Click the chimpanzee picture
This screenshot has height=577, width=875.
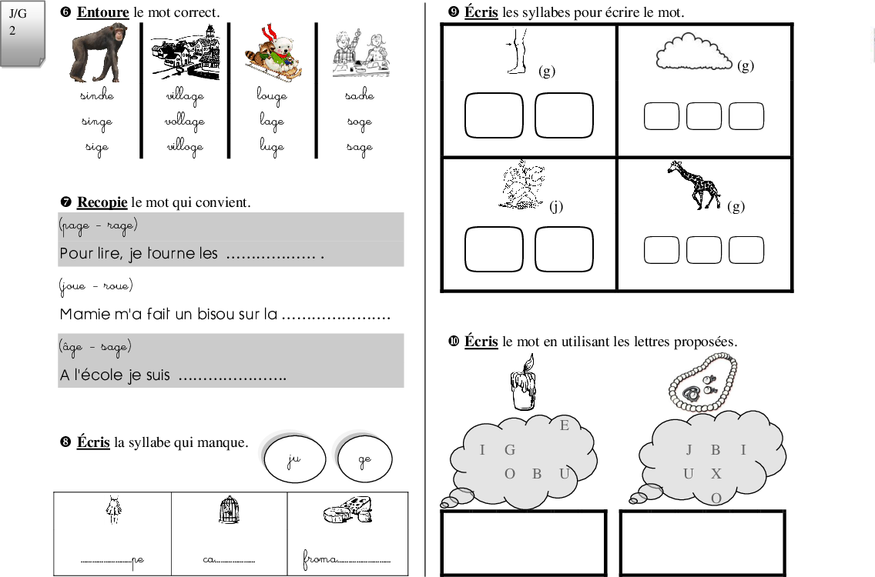click(99, 53)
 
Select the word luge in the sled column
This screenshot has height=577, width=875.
click(272, 147)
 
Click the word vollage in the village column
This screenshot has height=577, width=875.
click(185, 122)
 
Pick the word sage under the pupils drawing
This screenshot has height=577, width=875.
click(360, 148)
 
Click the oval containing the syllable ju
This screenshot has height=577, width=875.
click(295, 459)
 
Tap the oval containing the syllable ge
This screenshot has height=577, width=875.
click(365, 459)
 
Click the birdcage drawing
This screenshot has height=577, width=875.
click(230, 509)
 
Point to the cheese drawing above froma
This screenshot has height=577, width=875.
click(348, 509)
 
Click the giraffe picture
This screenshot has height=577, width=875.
click(695, 185)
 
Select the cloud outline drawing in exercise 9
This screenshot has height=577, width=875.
click(693, 52)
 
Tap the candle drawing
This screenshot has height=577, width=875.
click(524, 382)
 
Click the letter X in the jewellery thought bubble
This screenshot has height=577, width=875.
click(716, 474)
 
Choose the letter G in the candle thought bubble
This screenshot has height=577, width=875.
click(509, 449)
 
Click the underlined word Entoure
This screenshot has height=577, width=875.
click(102, 12)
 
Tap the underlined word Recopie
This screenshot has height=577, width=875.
click(102, 202)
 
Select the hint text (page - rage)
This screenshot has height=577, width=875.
click(99, 225)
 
